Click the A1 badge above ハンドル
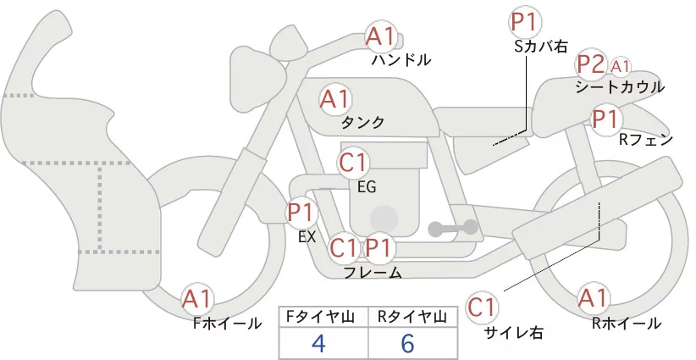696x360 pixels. click(381, 36)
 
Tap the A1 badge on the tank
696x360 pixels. click(335, 99)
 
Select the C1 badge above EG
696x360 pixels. click(354, 162)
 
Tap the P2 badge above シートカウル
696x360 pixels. click(589, 64)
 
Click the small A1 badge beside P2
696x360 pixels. click(621, 65)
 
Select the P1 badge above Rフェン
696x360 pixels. click(605, 119)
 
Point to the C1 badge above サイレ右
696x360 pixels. click(483, 307)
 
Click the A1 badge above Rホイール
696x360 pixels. click(593, 298)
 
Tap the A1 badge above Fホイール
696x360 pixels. click(198, 298)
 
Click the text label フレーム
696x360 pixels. click(373, 273)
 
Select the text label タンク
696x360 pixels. click(362, 123)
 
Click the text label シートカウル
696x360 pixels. click(619, 87)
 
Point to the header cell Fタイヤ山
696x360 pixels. click(323, 317)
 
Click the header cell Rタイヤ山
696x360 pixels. click(413, 317)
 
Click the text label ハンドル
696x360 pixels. click(401, 60)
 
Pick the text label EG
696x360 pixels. click(367, 186)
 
